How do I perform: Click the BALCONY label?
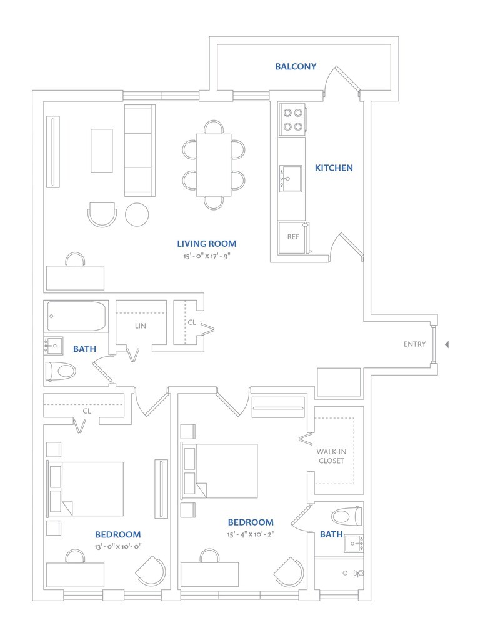pyautogui.click(x=296, y=66)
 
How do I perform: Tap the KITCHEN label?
pyautogui.click(x=334, y=167)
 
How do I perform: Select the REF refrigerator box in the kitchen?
pyautogui.click(x=292, y=237)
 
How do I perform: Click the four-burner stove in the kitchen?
pyautogui.click(x=292, y=119)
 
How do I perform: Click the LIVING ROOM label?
pyautogui.click(x=206, y=243)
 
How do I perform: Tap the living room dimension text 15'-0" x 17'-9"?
pyautogui.click(x=206, y=256)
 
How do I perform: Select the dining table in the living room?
pyautogui.click(x=214, y=165)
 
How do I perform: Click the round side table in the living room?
pyautogui.click(x=137, y=214)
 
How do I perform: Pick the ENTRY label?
pyautogui.click(x=414, y=344)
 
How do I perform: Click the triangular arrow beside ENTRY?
pyautogui.click(x=446, y=344)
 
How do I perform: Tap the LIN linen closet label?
pyautogui.click(x=141, y=326)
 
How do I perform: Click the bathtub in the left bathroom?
pyautogui.click(x=77, y=317)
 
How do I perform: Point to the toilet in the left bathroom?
pyautogui.click(x=61, y=371)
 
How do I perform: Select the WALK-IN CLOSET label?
pyautogui.click(x=330, y=455)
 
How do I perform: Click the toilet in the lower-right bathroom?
pyautogui.click(x=347, y=516)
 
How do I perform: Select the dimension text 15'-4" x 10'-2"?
pyautogui.click(x=251, y=534)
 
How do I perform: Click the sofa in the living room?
pyautogui.click(x=139, y=151)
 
